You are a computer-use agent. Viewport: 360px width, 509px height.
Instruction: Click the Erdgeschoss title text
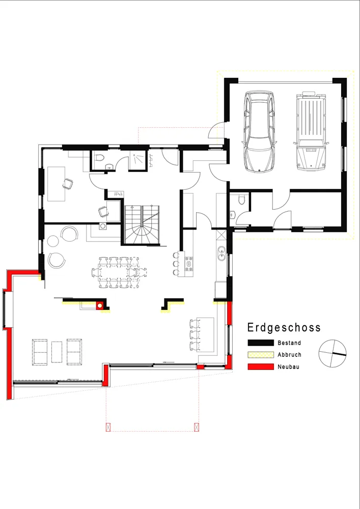tap(284, 327)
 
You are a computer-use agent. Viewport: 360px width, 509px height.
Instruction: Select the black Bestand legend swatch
tap(261, 343)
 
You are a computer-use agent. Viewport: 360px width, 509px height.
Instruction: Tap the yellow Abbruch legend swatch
tap(261, 355)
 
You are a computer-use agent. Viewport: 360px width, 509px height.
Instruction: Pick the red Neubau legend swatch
tap(261, 367)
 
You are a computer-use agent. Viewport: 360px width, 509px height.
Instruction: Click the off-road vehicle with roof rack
tap(311, 131)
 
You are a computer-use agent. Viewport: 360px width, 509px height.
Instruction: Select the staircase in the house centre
tap(142, 224)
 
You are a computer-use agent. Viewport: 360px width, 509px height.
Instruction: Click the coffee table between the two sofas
tap(57, 352)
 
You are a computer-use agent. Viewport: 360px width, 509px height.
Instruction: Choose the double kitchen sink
tap(221, 253)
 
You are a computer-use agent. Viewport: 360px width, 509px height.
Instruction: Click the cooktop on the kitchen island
tap(188, 264)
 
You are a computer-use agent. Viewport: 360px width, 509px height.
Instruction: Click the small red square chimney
tap(100, 305)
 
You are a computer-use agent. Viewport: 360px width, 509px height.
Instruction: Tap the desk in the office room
tap(57, 184)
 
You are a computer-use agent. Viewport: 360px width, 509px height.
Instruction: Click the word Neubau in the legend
tap(288, 367)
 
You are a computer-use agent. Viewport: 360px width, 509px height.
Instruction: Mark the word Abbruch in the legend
tap(289, 355)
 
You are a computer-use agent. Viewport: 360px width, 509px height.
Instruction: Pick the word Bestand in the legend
tap(289, 343)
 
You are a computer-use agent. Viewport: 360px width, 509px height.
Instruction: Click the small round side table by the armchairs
tap(53, 241)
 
